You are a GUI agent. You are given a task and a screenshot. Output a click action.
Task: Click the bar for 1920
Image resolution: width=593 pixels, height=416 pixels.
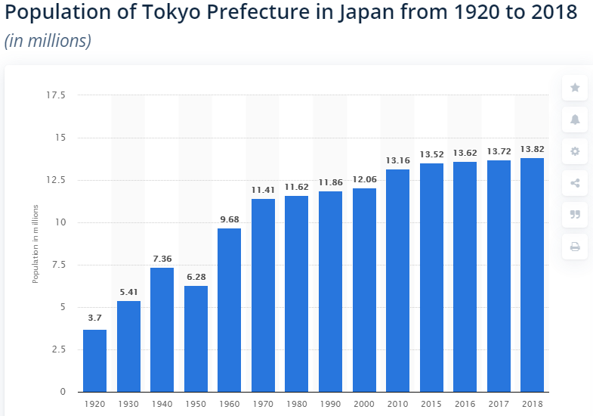(94, 361)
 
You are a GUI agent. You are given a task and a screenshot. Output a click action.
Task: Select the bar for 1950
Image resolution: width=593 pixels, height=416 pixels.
(196, 338)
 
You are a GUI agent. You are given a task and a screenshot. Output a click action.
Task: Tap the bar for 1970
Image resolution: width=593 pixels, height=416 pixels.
(263, 295)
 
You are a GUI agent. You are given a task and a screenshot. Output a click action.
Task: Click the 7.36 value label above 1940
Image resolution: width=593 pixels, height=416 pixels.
(162, 259)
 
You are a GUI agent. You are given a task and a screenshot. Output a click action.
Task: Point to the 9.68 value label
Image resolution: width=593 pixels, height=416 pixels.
(229, 219)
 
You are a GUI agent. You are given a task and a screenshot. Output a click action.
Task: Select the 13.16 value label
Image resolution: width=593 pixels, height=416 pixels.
(397, 160)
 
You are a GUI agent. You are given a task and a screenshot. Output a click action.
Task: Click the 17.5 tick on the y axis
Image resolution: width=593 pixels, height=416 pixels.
(56, 95)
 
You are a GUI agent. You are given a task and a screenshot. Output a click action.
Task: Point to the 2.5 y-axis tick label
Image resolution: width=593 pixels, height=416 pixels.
(58, 349)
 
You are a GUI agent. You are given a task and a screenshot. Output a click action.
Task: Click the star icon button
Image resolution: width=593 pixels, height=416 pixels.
(575, 88)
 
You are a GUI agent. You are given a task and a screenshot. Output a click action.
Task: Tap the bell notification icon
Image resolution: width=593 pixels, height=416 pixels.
(575, 120)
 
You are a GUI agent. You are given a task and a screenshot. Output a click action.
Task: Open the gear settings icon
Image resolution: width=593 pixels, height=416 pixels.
(575, 151)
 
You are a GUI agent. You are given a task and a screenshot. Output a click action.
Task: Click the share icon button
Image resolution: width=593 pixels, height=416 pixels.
(575, 183)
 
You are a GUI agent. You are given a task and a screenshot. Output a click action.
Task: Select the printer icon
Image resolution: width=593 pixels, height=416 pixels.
(575, 247)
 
